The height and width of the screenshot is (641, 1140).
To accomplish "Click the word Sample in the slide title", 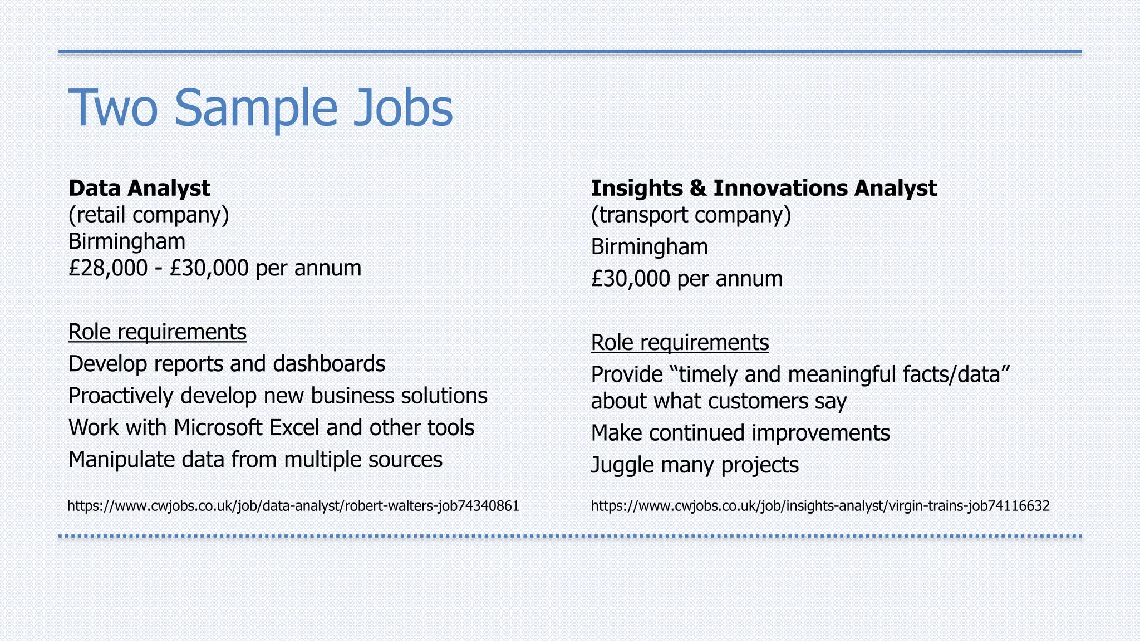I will pyautogui.click(x=256, y=108).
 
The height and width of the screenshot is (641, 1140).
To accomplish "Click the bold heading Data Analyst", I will pyautogui.click(x=139, y=188).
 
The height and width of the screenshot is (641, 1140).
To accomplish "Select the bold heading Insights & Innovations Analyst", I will pyautogui.click(x=763, y=188).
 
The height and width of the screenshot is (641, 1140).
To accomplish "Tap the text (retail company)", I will pyautogui.click(x=149, y=215).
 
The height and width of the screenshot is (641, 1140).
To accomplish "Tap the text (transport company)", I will pyautogui.click(x=690, y=215).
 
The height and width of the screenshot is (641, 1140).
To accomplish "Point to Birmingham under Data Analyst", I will pyautogui.click(x=127, y=241).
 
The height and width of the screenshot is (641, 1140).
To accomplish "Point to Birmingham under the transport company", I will pyautogui.click(x=649, y=246).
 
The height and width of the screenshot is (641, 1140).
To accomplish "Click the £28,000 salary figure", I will pyautogui.click(x=108, y=268).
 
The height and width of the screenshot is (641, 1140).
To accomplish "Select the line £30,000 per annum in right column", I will pyautogui.click(x=686, y=279).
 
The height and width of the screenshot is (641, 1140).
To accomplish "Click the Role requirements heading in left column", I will pyautogui.click(x=157, y=332).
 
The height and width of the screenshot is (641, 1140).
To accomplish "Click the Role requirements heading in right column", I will pyautogui.click(x=680, y=343).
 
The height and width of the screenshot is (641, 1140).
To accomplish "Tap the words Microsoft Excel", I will pyautogui.click(x=247, y=428).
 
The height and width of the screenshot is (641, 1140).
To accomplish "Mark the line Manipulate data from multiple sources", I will pyautogui.click(x=255, y=460).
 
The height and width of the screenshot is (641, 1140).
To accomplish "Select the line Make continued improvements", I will pyautogui.click(x=740, y=433).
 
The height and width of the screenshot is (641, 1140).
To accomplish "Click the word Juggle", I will pyautogui.click(x=622, y=465).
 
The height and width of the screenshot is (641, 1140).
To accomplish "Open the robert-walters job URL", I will pyautogui.click(x=293, y=506).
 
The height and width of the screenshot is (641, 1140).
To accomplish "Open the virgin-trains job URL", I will pyautogui.click(x=819, y=506).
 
